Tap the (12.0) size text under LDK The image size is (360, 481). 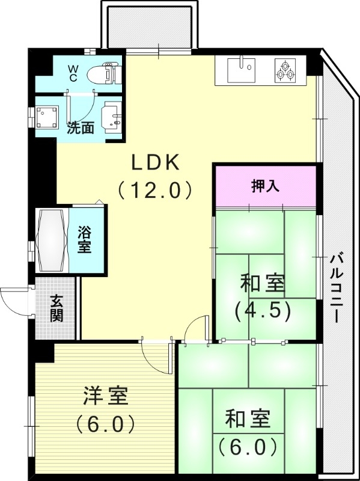(x=156, y=190)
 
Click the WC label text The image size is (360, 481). (x=72, y=73)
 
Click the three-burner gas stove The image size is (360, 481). (x=285, y=70)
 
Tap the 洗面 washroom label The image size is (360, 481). (x=80, y=127)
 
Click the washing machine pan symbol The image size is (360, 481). (x=47, y=118)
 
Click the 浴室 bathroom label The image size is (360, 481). (x=85, y=239)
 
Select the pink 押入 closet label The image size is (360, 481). (x=265, y=186)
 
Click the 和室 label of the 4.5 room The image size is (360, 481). (x=263, y=283)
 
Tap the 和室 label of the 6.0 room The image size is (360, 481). (x=247, y=418)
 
